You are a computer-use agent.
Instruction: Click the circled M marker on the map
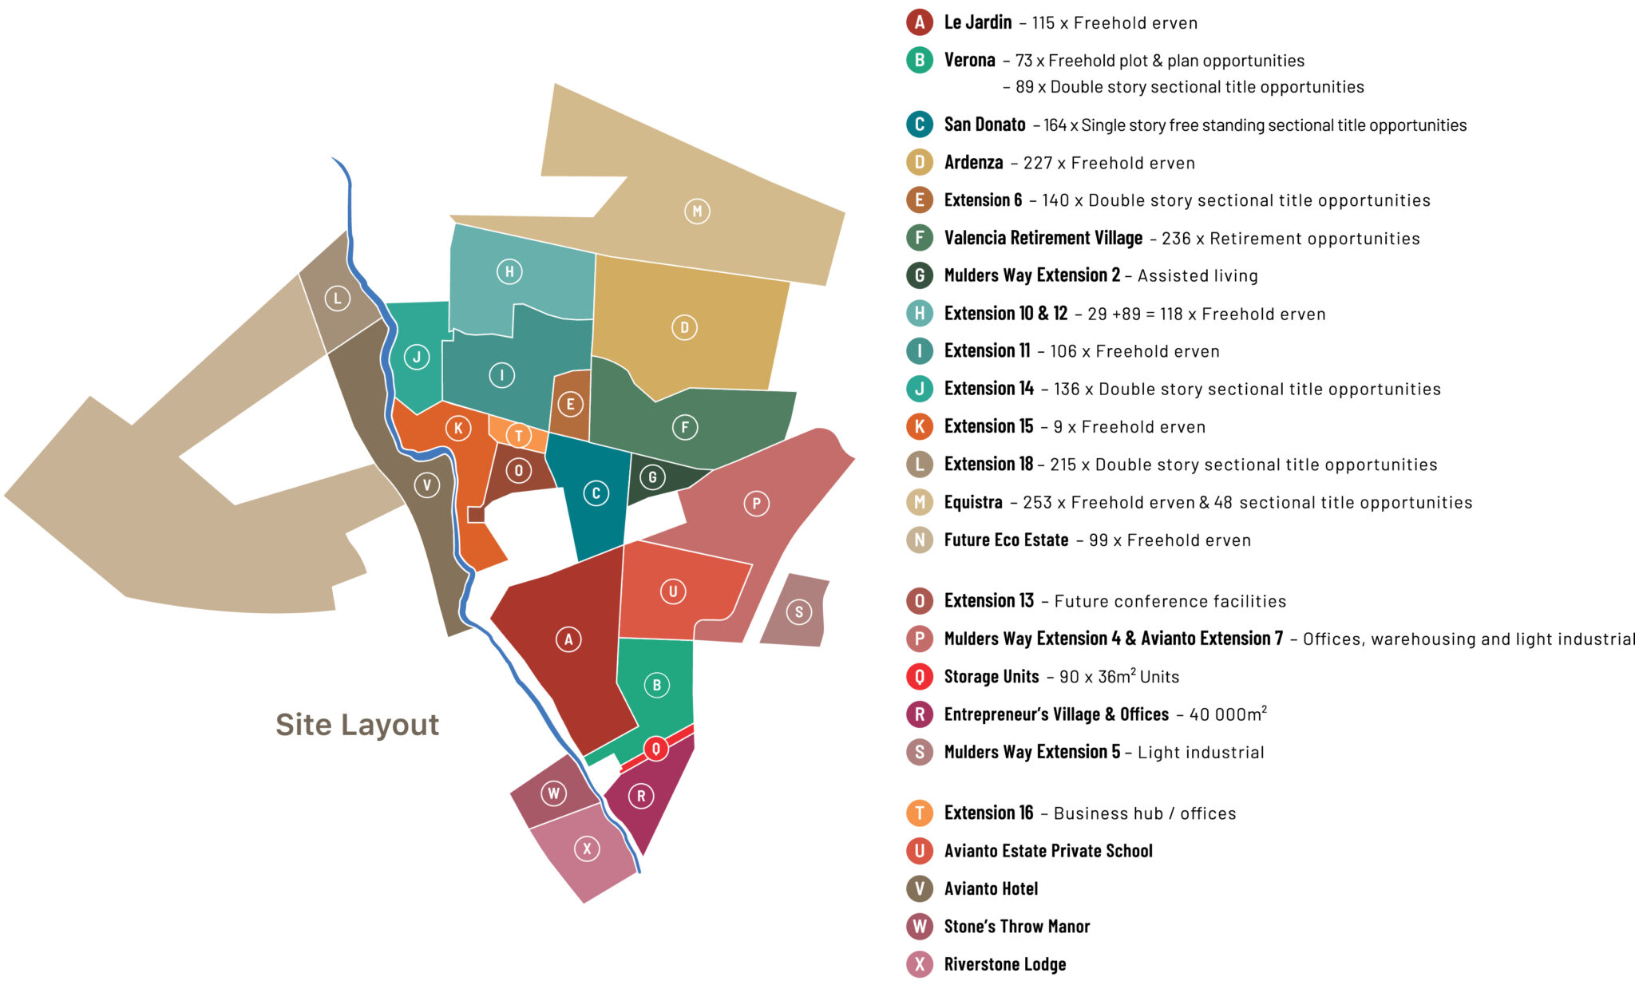[697, 212]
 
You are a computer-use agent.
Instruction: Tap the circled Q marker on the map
[655, 749]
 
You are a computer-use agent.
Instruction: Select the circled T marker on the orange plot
[519, 436]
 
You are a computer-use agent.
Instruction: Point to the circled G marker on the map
[652, 477]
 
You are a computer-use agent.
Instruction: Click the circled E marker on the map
[570, 404]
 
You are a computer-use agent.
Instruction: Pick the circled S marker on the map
[798, 612]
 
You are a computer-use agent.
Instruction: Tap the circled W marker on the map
[553, 793]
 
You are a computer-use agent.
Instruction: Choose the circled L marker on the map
[337, 299]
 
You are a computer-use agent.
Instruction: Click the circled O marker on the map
[518, 471]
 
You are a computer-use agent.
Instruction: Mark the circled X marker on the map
[587, 849]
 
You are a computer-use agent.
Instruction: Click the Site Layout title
[357, 725]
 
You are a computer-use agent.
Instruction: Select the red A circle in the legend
[920, 22]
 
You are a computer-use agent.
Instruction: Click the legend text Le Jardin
[977, 22]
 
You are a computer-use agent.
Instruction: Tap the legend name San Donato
[984, 125]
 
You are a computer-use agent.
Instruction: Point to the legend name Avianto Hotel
[991, 888]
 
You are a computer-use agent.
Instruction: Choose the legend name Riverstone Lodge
[1004, 964]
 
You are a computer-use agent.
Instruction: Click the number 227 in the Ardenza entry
[1037, 163]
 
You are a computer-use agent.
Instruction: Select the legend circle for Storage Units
[920, 677]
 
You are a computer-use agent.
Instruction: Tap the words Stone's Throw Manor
[1016, 927]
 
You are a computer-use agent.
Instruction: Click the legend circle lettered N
[920, 540]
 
